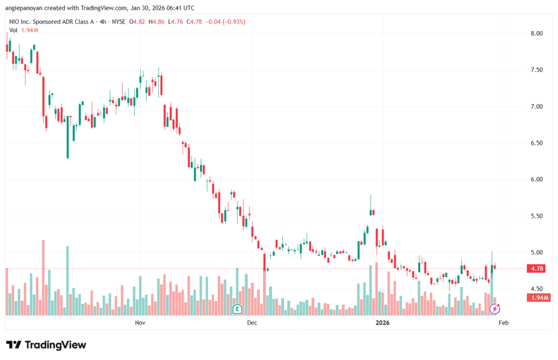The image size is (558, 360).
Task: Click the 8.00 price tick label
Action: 537,33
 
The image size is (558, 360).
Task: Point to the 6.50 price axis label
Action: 537,143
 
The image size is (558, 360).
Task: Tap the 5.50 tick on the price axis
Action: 537,216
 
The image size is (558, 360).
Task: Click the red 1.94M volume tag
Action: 539,297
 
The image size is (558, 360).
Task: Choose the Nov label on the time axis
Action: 140,322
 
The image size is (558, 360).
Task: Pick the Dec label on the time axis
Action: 252,322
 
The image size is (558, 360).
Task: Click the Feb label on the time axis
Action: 504,322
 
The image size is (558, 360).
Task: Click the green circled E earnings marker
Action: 237,309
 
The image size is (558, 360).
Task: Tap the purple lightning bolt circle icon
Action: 495,309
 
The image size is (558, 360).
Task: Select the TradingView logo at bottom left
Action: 46,345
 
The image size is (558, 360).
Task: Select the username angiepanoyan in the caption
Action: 27,8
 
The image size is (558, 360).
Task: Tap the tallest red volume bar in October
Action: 43,277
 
